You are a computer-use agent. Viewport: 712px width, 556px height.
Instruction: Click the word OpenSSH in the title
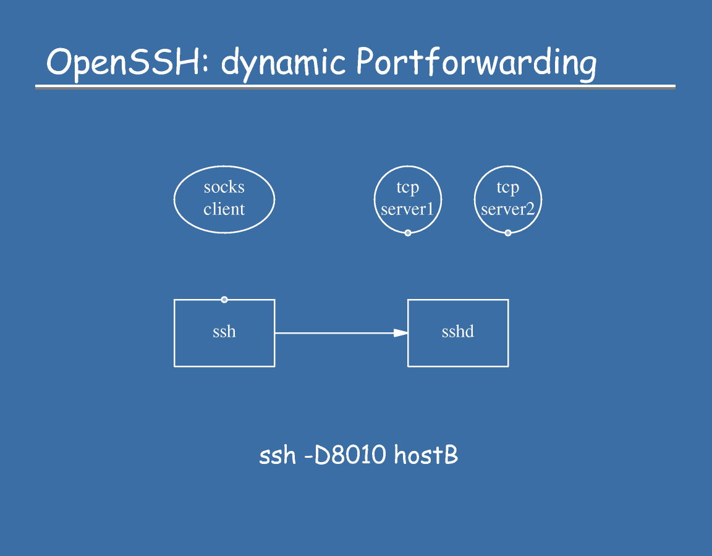coord(123,62)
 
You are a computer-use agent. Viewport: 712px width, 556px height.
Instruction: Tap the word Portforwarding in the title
coord(476,64)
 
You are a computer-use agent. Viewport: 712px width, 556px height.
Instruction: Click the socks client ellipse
coord(224,199)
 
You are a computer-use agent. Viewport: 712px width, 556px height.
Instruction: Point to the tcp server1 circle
coord(408,199)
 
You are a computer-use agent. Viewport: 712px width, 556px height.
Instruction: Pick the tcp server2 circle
coord(508,199)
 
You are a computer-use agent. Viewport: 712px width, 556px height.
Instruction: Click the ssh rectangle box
coord(224,333)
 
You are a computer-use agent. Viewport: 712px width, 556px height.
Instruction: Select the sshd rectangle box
coord(458,333)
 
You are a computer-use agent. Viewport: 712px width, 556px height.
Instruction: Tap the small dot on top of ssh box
coord(224,300)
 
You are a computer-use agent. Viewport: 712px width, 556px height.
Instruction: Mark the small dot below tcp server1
coord(408,233)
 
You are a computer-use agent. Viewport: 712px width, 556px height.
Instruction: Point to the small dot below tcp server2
coord(508,233)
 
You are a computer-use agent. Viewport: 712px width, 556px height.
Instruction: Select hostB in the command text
coord(426,456)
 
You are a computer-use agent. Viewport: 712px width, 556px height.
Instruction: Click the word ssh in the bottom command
coord(277,457)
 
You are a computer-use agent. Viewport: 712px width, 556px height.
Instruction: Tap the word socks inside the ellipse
coord(224,187)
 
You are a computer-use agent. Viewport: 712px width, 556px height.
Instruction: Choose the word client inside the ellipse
coord(224,209)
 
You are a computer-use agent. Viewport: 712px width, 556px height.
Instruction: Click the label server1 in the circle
coord(408,209)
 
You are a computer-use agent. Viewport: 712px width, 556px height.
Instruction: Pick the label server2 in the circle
coord(508,209)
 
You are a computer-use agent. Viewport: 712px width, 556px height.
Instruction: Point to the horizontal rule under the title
coord(355,87)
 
